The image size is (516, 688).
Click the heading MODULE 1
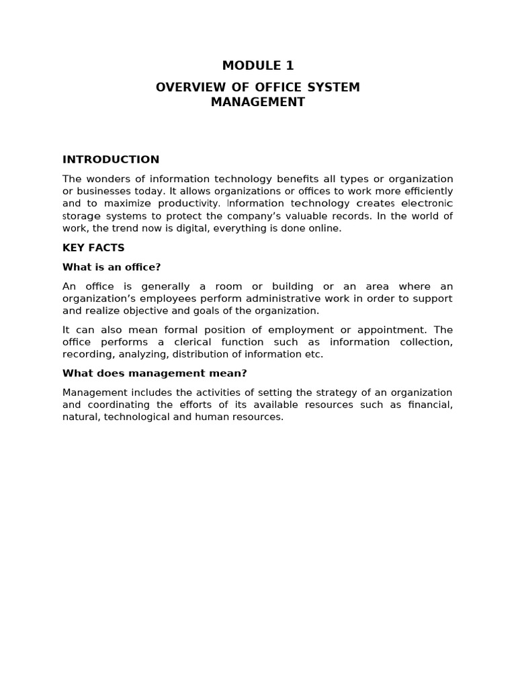point(258,66)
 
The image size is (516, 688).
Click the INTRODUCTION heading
point(111,160)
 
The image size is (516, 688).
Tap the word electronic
point(427,204)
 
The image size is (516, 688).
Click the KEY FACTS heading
point(93,248)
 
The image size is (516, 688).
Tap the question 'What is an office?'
point(112,267)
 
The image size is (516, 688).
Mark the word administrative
point(263,299)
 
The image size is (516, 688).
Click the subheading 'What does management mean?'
point(155,374)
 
